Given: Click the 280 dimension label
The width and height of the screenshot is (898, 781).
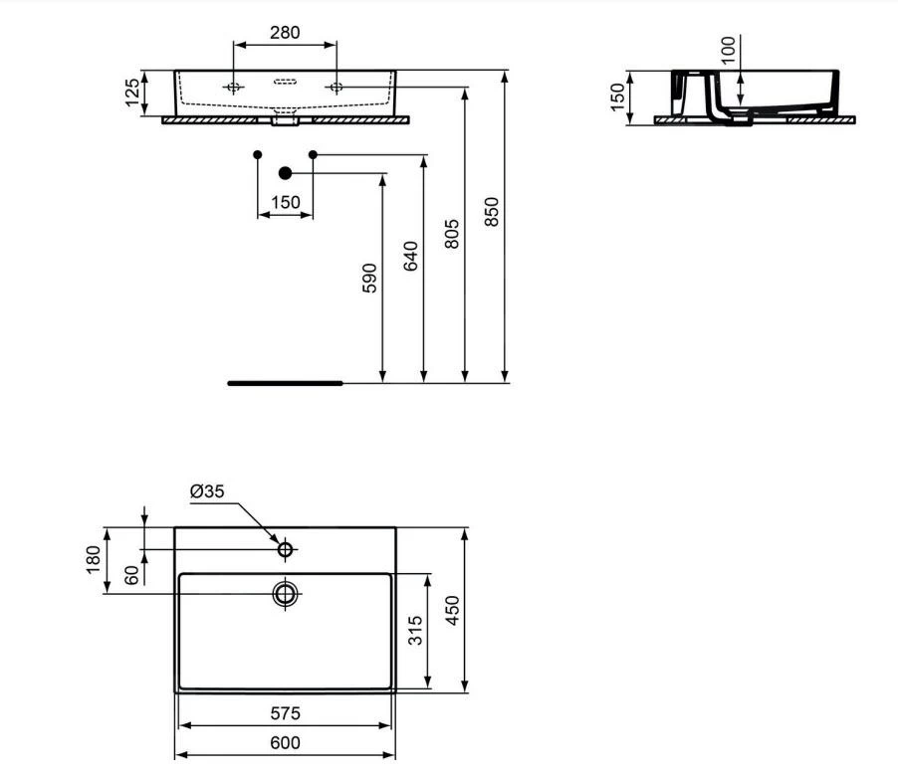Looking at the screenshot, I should point(285,33).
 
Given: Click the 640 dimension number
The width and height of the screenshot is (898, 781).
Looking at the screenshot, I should point(411,256).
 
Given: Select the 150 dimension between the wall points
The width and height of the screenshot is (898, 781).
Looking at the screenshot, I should point(285,202).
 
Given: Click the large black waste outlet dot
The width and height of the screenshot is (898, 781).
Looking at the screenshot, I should point(285,173).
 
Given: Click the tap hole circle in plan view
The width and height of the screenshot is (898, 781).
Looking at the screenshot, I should point(286,549).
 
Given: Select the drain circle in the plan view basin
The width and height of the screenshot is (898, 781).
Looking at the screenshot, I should point(286,595).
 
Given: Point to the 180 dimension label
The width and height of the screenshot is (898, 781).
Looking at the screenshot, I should point(94,560).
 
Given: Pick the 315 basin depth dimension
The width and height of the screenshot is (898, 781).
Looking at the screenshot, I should point(417,631).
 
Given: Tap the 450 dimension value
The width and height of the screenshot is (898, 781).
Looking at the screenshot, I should point(452,609).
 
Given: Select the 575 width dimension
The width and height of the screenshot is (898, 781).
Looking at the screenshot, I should point(285,713).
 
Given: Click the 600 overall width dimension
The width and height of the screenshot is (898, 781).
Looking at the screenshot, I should point(285,742).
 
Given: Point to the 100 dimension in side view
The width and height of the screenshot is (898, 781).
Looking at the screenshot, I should point(728,50).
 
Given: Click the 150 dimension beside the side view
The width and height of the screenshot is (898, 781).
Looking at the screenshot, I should point(618,96).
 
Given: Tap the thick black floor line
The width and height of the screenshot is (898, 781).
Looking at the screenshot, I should point(285,382).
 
